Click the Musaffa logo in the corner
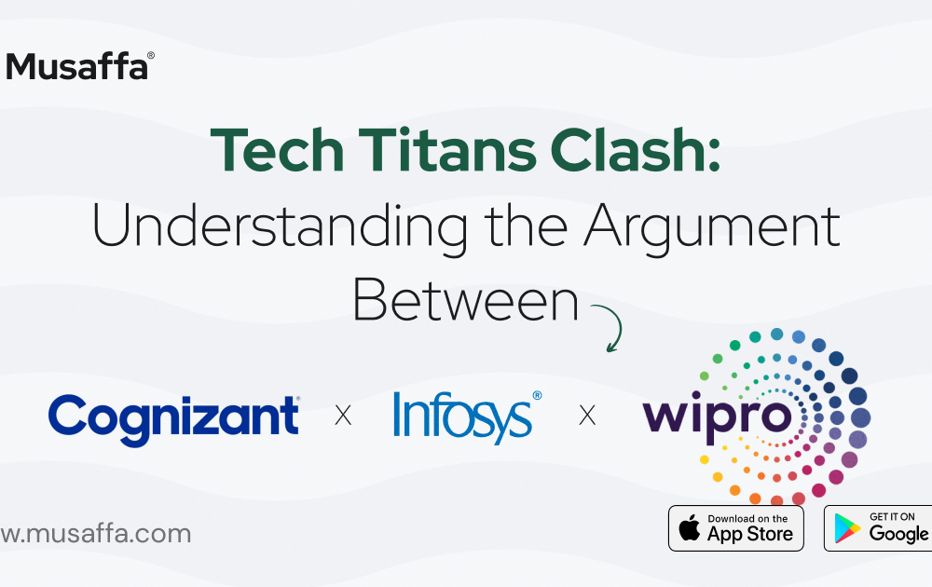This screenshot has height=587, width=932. click(79, 66)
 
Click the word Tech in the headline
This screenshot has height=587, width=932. click(278, 150)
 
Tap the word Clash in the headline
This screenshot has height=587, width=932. click(629, 150)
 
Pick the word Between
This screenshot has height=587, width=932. click(465, 301)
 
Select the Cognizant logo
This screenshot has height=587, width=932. click(173, 419)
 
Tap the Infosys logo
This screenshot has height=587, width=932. click(467, 417)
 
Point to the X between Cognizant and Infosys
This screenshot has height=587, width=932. click(343, 416)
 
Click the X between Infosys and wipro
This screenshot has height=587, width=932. click(587, 416)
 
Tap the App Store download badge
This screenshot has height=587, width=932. click(736, 528)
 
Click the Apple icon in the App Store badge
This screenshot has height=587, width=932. click(690, 527)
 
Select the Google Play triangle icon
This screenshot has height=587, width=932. click(847, 528)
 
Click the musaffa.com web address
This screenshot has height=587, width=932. click(96, 534)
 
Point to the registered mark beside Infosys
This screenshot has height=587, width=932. click(538, 396)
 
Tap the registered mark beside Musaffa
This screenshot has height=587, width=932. click(151, 55)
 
